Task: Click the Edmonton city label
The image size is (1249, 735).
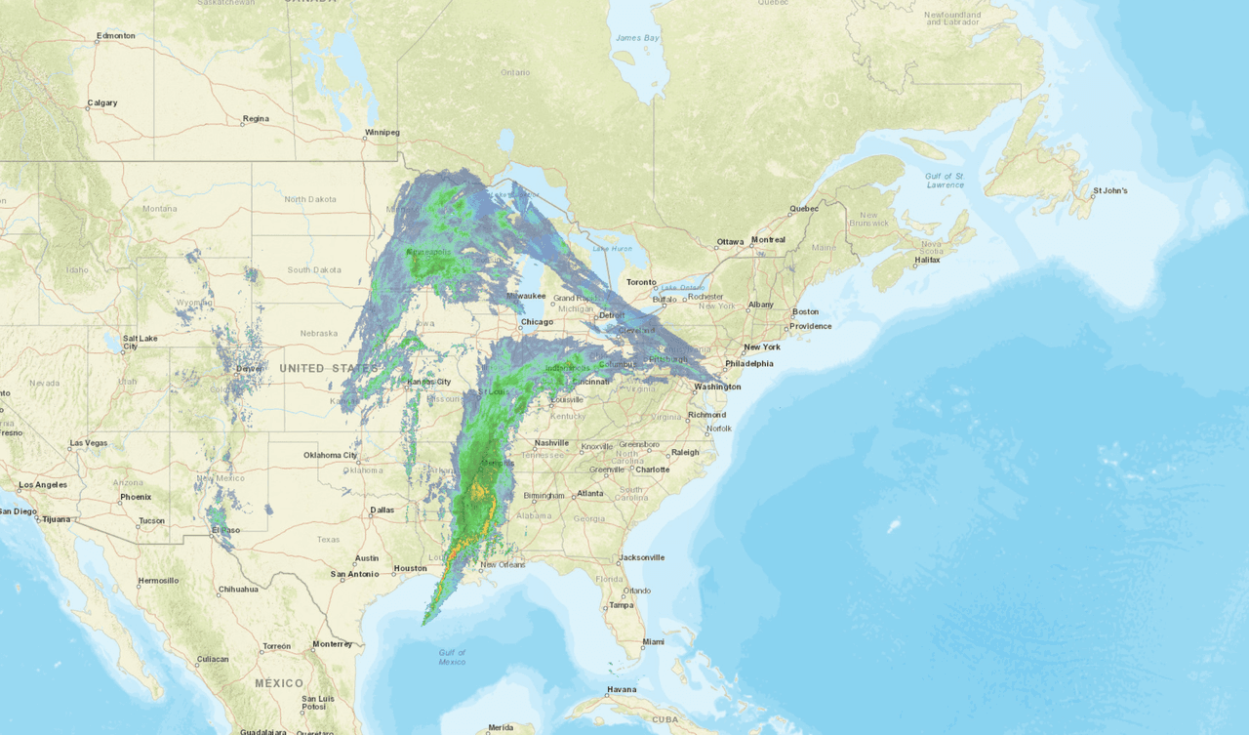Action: pyautogui.click(x=115, y=36)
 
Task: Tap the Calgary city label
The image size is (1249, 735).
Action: pyautogui.click(x=101, y=102)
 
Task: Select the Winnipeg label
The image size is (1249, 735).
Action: pyautogui.click(x=382, y=132)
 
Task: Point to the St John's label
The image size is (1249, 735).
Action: pyautogui.click(x=1109, y=190)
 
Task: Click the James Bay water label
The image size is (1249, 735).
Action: pyautogui.click(x=637, y=38)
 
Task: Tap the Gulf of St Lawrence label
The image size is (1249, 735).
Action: pyautogui.click(x=945, y=180)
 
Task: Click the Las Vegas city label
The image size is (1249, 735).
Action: pyautogui.click(x=89, y=443)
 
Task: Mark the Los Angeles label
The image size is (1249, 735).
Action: pyautogui.click(x=43, y=484)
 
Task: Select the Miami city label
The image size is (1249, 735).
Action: pyautogui.click(x=653, y=642)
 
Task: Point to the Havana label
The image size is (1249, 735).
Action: pyautogui.click(x=622, y=689)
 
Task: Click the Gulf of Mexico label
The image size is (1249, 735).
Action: pyautogui.click(x=452, y=657)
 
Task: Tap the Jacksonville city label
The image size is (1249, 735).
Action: pyautogui.click(x=640, y=557)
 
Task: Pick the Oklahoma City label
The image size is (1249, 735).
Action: pyautogui.click(x=330, y=455)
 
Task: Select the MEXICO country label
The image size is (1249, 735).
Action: pyautogui.click(x=279, y=683)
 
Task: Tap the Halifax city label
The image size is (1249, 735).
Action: pyautogui.click(x=927, y=261)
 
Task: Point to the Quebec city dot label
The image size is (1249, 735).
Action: pyautogui.click(x=804, y=208)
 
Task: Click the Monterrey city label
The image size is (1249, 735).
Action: pyautogui.click(x=332, y=644)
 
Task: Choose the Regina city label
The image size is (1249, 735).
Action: pyautogui.click(x=256, y=119)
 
